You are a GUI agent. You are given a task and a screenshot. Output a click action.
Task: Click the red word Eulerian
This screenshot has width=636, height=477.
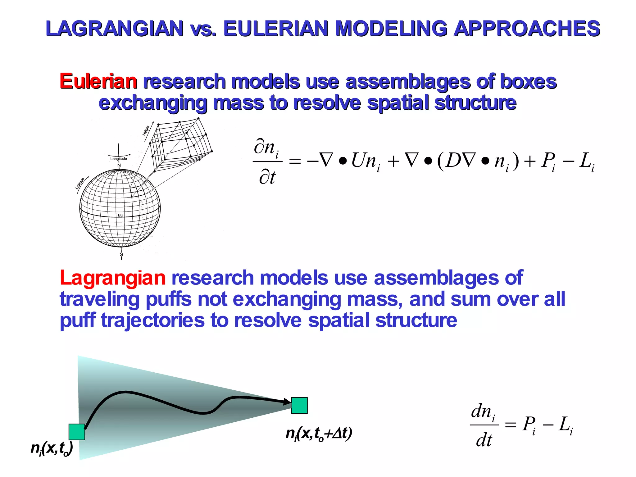98,81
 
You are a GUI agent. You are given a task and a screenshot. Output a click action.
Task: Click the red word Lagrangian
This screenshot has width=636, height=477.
112,278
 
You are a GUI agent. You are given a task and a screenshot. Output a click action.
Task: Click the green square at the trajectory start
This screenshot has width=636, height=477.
77,432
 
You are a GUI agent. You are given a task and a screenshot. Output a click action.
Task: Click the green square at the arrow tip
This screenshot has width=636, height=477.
299,405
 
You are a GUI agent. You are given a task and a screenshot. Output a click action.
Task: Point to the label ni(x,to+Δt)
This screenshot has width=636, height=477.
319,434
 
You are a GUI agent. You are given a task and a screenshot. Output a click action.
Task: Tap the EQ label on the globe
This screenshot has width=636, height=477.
121,215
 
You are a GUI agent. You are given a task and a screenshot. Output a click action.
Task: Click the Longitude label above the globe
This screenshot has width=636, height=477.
119,159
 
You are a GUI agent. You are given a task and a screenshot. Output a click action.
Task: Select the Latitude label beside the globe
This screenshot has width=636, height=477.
80,183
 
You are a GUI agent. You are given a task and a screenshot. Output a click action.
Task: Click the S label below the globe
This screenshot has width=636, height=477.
121,254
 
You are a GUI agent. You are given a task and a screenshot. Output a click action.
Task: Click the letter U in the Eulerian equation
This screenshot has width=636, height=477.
360,161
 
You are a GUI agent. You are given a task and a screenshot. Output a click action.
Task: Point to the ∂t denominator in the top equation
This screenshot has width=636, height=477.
267,178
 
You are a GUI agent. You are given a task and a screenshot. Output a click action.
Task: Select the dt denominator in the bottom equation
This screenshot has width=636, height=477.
484,440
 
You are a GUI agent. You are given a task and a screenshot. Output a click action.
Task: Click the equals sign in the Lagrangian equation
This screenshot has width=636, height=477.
510,424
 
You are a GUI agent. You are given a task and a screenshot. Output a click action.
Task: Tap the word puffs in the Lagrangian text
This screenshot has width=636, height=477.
168,299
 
